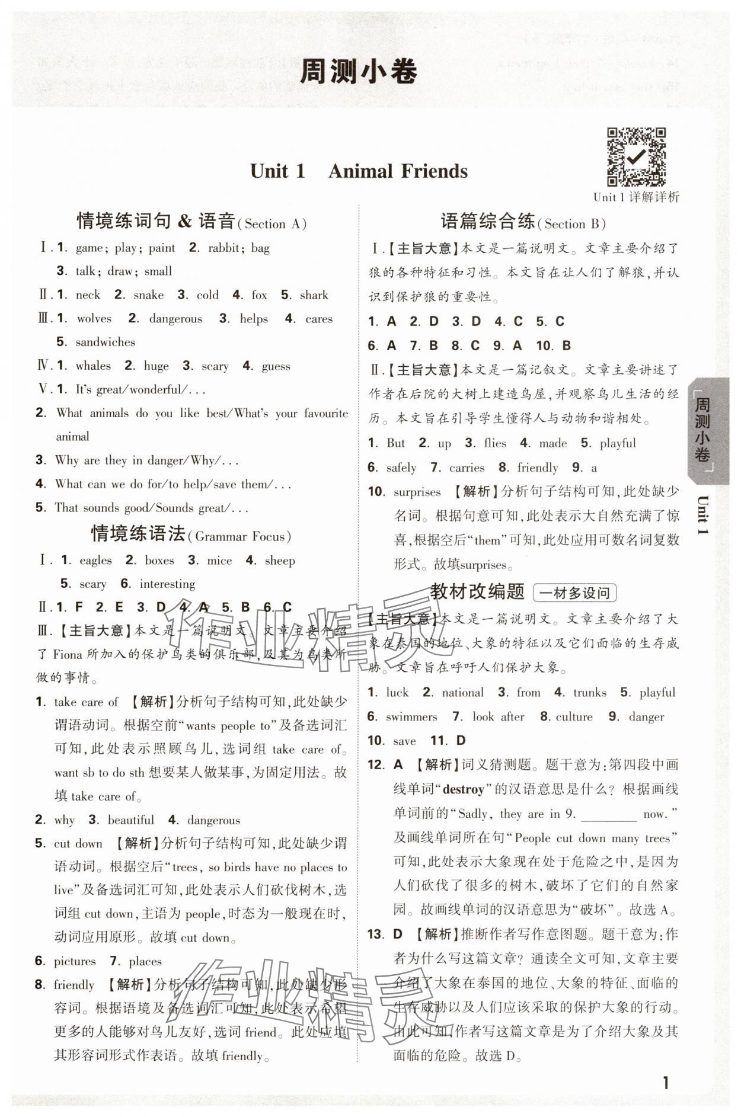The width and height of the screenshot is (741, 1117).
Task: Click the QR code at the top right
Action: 635,156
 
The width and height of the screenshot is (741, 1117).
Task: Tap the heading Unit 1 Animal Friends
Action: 359,171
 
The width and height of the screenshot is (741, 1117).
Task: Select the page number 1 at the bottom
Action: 666,1083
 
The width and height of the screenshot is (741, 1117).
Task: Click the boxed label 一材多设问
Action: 574,593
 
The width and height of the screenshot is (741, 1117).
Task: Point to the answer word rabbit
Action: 224,248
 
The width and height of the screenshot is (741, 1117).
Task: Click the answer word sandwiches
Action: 105,342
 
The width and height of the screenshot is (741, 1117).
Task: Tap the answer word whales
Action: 93,366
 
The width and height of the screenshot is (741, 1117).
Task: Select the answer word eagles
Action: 95,560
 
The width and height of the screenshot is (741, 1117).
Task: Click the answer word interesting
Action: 167,584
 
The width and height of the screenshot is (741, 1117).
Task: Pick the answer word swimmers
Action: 411,716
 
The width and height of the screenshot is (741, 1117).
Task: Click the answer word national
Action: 462,692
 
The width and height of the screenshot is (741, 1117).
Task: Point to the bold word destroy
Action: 464,789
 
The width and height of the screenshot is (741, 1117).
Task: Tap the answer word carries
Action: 467,468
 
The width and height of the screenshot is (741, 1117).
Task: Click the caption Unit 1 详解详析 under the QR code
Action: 635,197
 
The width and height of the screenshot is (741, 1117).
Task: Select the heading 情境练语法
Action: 138,534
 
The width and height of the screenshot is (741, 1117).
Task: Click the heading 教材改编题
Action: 477,591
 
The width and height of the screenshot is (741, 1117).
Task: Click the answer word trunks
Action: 589,692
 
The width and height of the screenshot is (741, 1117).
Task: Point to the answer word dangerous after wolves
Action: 175,319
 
